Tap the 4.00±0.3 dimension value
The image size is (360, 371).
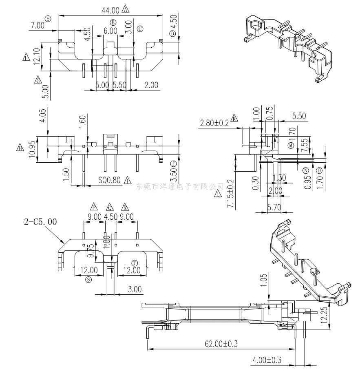(267, 360)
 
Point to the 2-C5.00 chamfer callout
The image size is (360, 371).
(40, 222)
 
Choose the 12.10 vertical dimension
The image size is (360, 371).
(38, 57)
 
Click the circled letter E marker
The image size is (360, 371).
(49, 19)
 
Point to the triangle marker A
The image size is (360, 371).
(125, 9)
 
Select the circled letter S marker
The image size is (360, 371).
(89, 279)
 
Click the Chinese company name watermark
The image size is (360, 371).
(180, 186)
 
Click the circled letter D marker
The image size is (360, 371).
(172, 33)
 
